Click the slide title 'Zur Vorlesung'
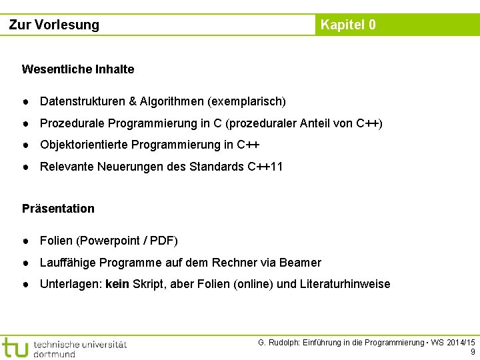54,25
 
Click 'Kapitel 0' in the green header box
348,25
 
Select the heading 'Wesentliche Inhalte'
78,69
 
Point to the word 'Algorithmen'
172,102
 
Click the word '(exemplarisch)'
247,102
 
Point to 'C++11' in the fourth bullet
265,167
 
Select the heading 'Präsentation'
59,209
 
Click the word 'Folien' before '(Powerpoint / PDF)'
57,241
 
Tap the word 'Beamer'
300,263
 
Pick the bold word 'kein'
117,284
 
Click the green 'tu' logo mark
15,347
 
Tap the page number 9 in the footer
473,352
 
